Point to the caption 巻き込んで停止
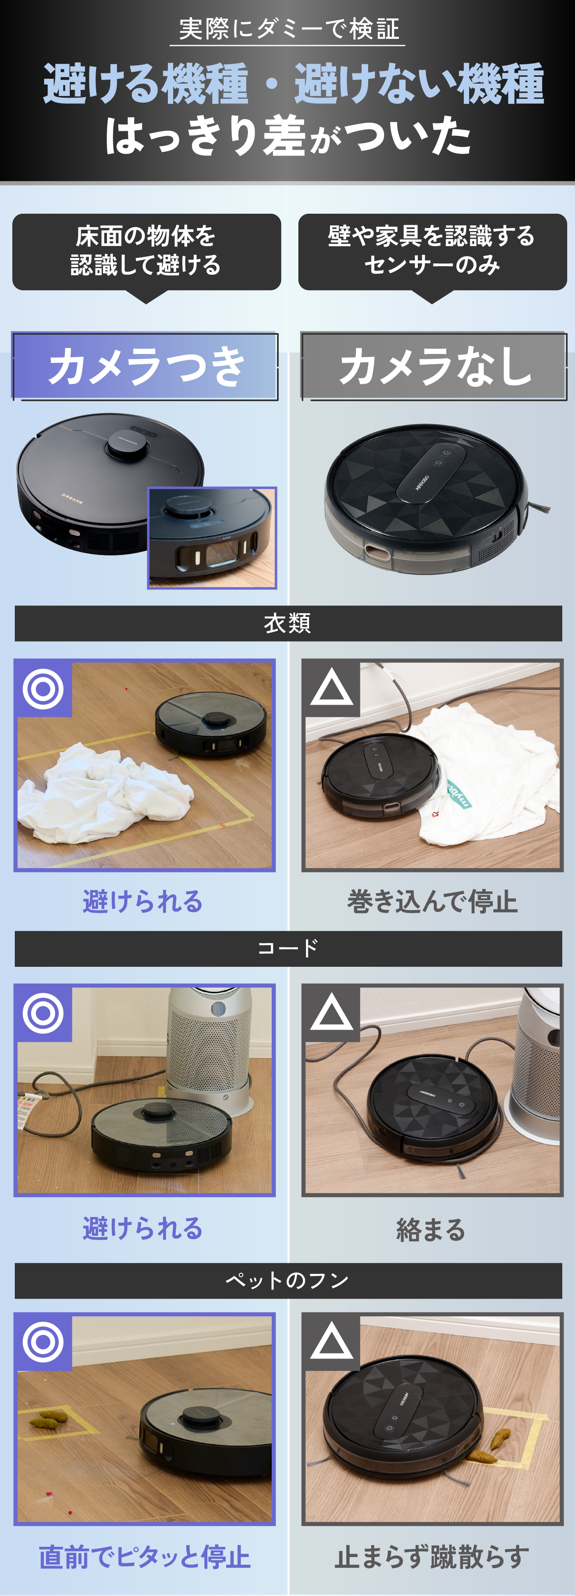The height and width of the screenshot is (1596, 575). click(x=432, y=902)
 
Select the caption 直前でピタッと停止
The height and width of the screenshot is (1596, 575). click(x=144, y=1557)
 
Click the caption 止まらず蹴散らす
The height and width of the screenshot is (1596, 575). click(x=432, y=1557)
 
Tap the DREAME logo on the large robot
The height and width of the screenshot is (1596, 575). click(x=73, y=498)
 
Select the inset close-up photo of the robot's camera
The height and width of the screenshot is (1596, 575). click(x=212, y=538)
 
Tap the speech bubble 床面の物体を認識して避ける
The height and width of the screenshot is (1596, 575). click(x=146, y=251)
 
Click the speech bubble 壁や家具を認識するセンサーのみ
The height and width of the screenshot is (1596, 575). click(x=432, y=251)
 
